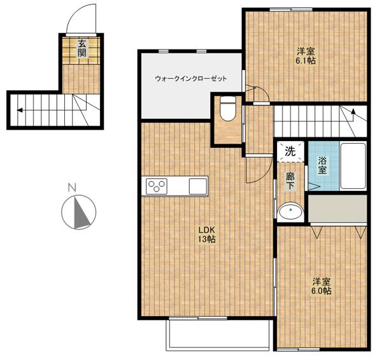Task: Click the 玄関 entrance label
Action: point(82,48)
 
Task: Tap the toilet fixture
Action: point(228,108)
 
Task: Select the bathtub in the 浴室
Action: point(353,166)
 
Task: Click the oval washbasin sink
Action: point(291,211)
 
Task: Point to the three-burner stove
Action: point(157,186)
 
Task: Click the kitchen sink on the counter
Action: point(198,186)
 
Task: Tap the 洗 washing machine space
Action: point(290,151)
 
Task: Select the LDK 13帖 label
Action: point(207,235)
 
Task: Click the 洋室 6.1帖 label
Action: point(306,56)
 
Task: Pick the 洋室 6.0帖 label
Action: point(322,286)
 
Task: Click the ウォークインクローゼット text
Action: point(191,78)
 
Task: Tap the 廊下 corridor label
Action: point(290,181)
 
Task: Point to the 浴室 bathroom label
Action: point(322,165)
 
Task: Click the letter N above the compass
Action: point(72,188)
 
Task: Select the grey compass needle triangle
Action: point(81,212)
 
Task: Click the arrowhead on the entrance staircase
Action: point(20,110)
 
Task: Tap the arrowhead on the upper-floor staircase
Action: point(353,112)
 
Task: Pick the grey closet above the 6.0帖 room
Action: point(337,208)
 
